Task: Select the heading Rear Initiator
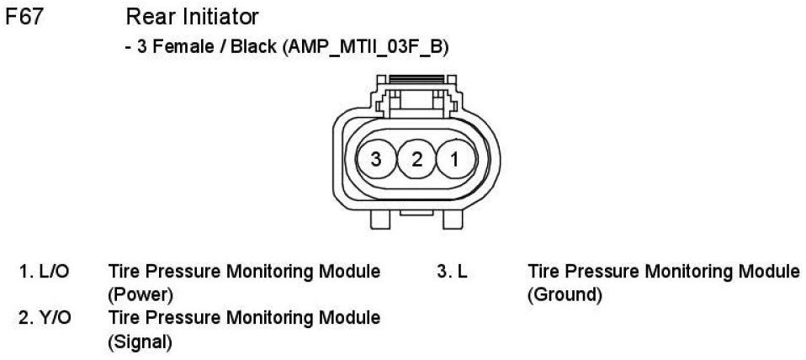pos(192,17)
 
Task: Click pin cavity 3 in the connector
pos(376,158)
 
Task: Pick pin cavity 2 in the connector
pos(416,158)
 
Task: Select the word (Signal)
pos(140,342)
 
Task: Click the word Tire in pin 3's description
pos(543,273)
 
